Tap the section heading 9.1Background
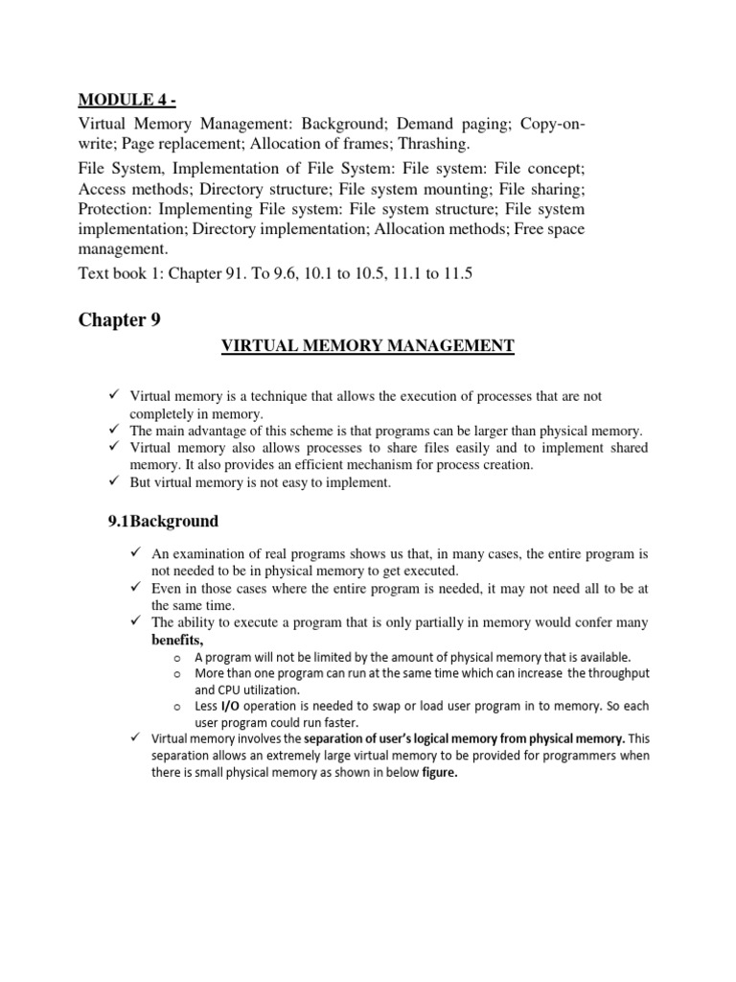click(163, 522)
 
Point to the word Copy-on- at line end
click(549, 125)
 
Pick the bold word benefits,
click(177, 640)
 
